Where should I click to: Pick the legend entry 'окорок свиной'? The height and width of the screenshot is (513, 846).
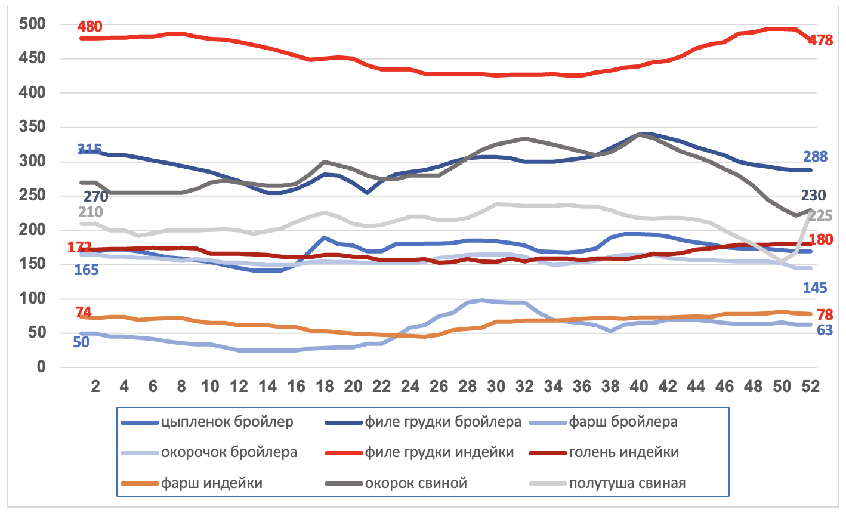coord(416,483)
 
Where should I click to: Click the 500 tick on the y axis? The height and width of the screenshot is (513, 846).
coord(32,24)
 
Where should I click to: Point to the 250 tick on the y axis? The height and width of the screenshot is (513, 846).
coord(32,196)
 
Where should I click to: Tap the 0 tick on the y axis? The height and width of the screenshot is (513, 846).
coord(41,367)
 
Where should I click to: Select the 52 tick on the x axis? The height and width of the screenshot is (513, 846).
coord(810,387)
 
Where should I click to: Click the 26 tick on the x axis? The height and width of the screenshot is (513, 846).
coord(439,387)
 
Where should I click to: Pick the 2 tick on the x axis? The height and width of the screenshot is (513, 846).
coord(95,387)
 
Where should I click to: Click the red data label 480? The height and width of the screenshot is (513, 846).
coord(89,27)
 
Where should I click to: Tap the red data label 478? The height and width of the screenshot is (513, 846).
coord(820,41)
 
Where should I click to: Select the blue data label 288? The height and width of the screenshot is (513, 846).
coord(815,157)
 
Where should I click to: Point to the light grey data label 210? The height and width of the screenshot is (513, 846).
coord(90,212)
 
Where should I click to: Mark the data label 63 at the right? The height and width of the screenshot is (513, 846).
coord(825,330)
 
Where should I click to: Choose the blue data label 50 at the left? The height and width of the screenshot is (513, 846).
coord(81,342)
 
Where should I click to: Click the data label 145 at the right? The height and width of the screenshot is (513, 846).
coord(815,288)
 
